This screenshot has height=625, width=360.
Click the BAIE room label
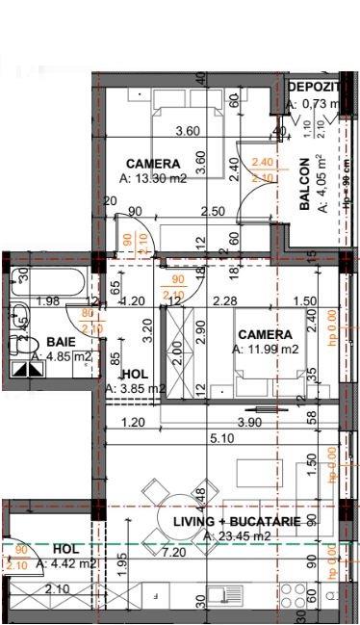tap(62, 342)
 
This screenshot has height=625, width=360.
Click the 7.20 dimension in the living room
tap(173, 553)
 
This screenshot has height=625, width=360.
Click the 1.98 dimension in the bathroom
tap(47, 301)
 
